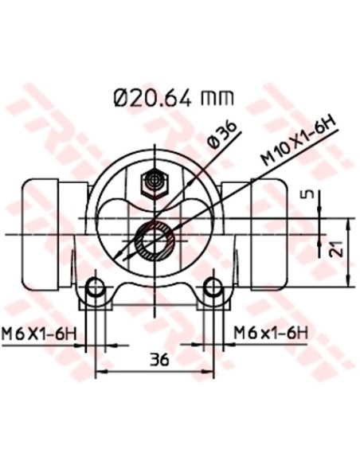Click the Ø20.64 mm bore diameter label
tap(174, 98)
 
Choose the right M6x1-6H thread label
tap(270, 332)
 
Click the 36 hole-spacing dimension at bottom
tap(159, 360)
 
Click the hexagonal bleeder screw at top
tap(152, 185)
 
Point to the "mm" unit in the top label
tap(219, 99)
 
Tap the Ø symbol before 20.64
tap(122, 98)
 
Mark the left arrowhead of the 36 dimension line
tap(99, 373)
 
